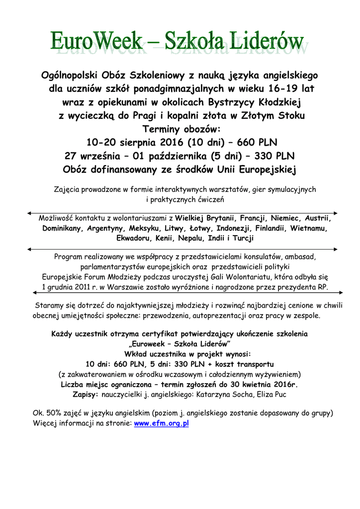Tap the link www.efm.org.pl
pos(162,424)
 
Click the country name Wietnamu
pos(309,229)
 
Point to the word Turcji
pos(241,239)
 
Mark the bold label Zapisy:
pos(86,394)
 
